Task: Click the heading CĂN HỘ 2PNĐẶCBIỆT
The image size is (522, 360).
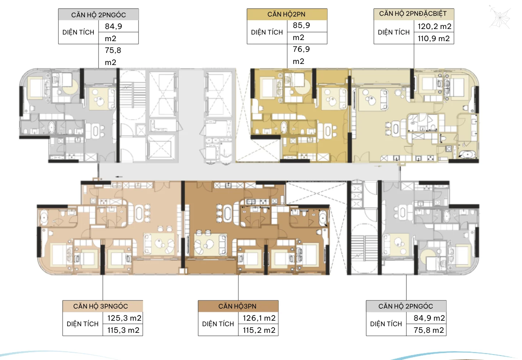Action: (x=413, y=14)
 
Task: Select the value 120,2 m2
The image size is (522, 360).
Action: (x=435, y=26)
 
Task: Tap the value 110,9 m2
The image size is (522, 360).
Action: (x=433, y=39)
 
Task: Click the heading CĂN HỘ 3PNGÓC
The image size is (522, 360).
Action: (x=100, y=306)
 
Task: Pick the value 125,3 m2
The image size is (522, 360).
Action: (x=124, y=318)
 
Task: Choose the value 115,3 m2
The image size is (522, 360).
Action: (x=123, y=330)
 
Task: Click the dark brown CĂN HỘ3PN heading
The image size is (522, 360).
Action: (x=237, y=306)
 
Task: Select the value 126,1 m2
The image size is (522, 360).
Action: (x=259, y=318)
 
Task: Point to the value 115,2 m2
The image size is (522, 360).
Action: (x=259, y=330)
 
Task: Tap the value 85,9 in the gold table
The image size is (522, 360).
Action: (x=301, y=25)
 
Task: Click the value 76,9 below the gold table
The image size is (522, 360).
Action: (x=301, y=49)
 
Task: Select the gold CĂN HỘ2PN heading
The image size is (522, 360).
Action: (x=286, y=14)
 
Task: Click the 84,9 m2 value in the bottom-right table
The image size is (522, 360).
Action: (x=429, y=318)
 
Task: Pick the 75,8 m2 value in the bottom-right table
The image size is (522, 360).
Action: (x=429, y=330)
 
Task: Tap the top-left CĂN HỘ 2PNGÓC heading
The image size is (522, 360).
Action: (x=99, y=15)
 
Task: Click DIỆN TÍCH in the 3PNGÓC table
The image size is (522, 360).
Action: (x=82, y=324)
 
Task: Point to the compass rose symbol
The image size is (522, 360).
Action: (x=500, y=18)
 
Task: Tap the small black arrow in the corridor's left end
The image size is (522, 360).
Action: (x=119, y=177)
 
